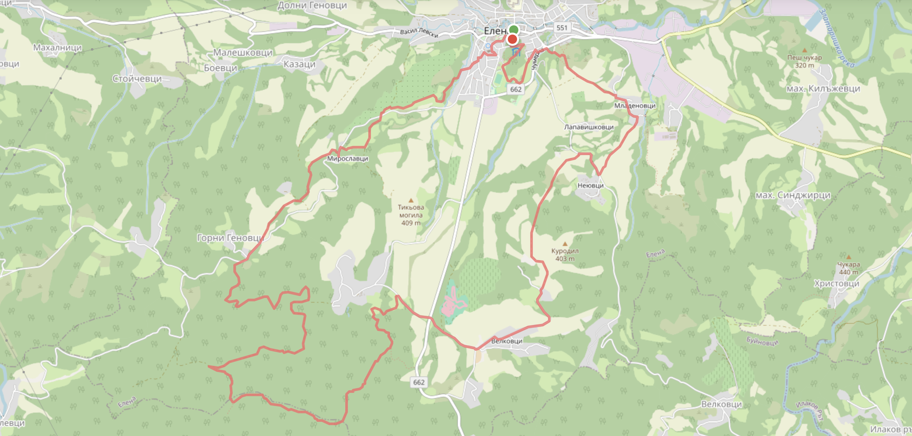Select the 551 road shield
[x=561, y=28]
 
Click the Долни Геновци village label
[x=312, y=5]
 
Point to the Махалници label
[x=57, y=47]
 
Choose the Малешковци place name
[x=243, y=52]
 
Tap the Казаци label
[x=299, y=64]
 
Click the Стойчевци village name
[x=137, y=79]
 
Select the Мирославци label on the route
[x=347, y=159]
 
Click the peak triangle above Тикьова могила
[x=411, y=201]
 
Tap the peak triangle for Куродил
[x=565, y=244]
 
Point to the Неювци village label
[x=590, y=185]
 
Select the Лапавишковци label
[x=589, y=127]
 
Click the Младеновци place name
[x=635, y=106]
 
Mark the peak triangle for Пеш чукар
[x=804, y=51]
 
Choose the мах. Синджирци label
[x=793, y=195]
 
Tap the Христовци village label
[x=837, y=283]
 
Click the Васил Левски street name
[x=419, y=32]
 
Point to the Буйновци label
[x=762, y=341]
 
